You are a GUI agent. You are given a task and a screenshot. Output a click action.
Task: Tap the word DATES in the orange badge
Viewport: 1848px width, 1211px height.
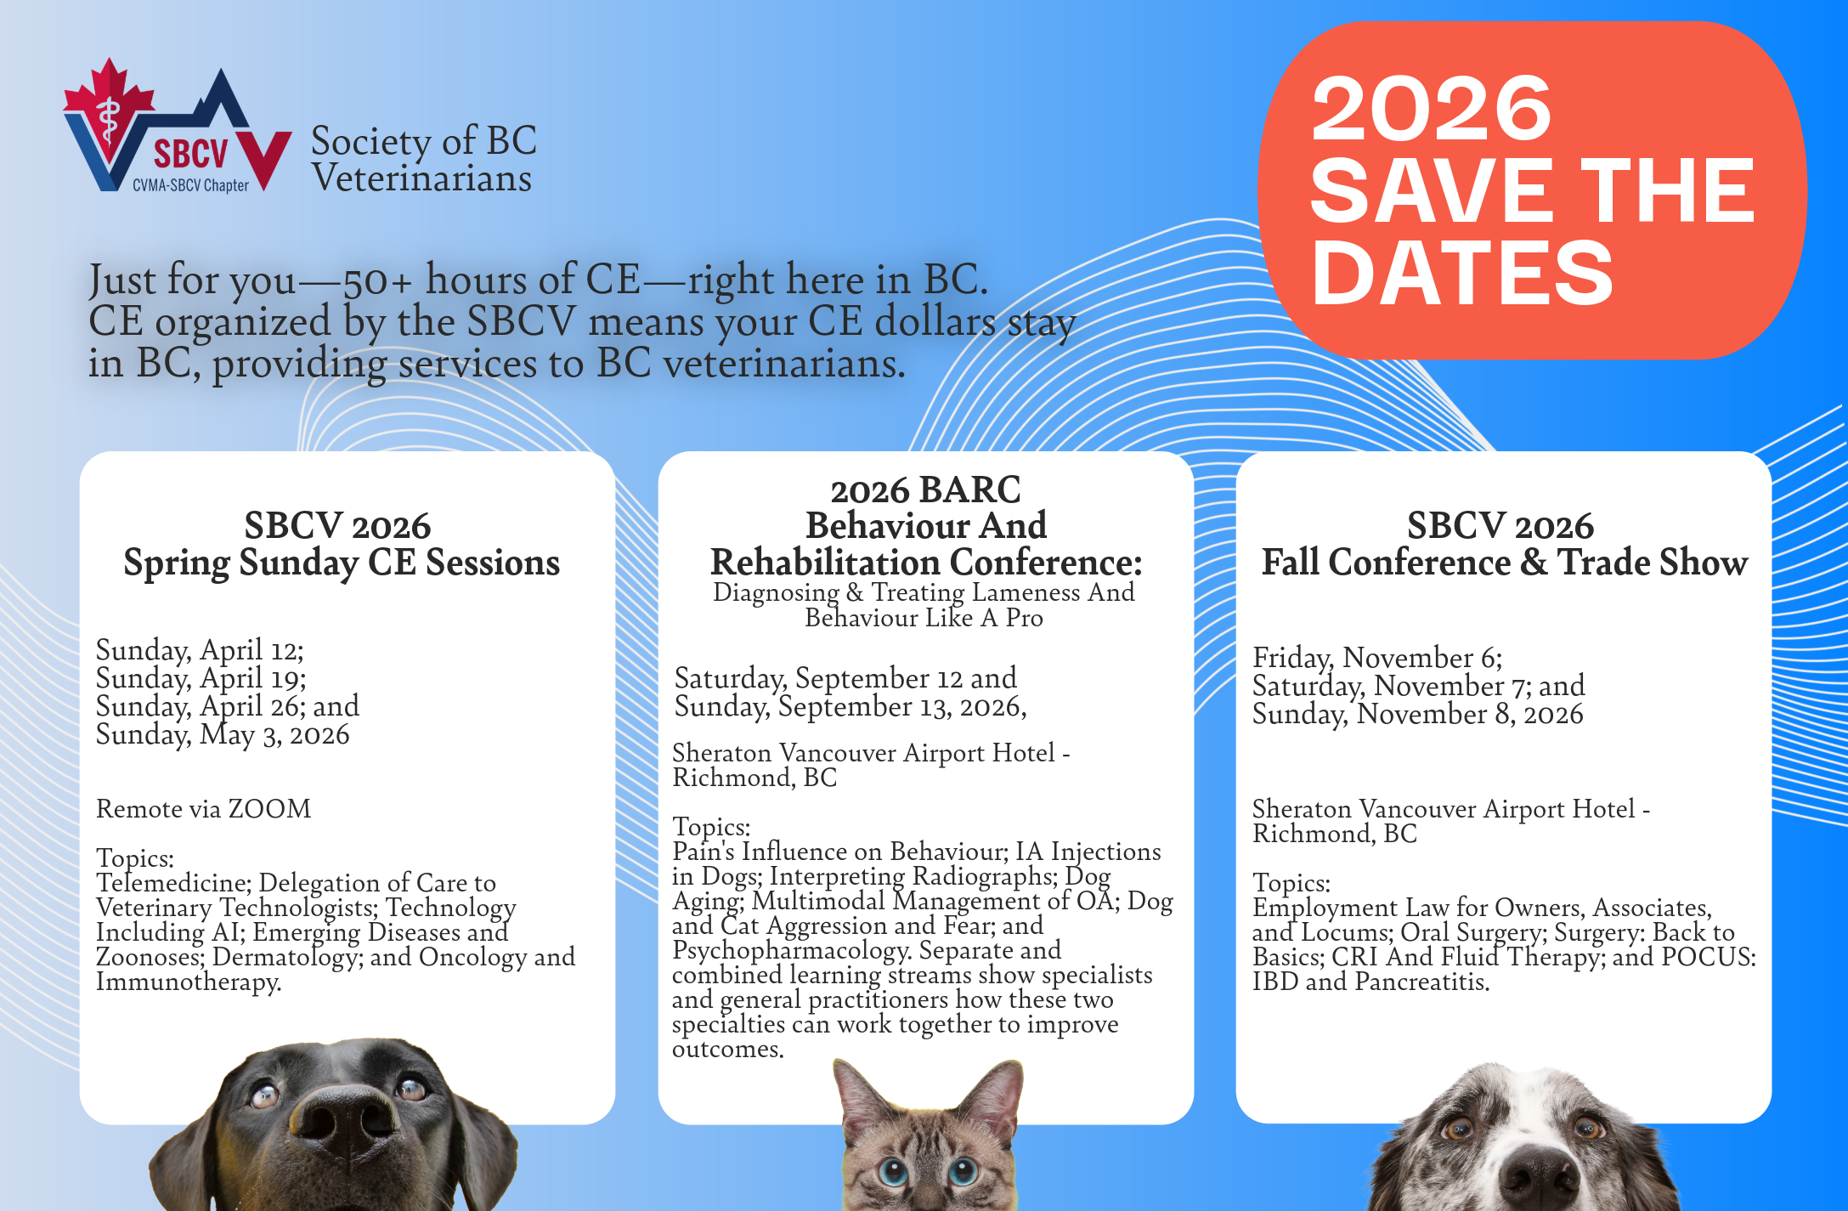1461,272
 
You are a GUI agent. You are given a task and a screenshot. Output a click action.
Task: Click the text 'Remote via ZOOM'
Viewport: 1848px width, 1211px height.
204,808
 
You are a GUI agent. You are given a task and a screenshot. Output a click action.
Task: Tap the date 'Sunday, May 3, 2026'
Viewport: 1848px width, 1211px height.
223,734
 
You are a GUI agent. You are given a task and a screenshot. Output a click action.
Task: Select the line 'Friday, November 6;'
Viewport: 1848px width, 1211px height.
1377,658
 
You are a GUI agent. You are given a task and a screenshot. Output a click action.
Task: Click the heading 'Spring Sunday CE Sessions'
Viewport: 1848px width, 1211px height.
342,563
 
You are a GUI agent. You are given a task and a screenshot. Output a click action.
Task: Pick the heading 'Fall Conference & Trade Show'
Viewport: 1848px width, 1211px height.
1505,562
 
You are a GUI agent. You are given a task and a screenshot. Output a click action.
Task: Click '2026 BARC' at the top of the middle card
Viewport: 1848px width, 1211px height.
925,490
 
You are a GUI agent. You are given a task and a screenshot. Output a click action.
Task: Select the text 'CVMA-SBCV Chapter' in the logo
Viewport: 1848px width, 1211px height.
190,185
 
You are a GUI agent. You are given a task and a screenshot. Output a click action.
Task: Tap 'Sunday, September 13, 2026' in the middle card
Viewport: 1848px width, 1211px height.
850,707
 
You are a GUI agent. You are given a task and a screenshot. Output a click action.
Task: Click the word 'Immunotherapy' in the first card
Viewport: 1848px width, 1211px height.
188,982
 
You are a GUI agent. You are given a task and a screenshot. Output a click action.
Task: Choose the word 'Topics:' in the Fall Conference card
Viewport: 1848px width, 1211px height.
1291,883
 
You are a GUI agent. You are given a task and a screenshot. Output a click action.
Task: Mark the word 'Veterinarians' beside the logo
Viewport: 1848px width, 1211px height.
421,178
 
